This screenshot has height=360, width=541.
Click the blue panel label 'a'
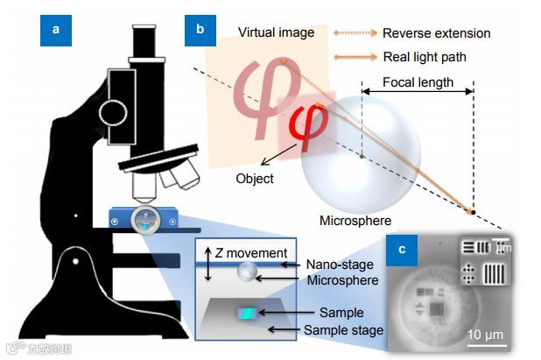(57, 31)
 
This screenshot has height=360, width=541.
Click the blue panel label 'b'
(200, 31)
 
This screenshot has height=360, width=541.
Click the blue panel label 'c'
(402, 249)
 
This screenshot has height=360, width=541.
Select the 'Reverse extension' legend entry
(436, 33)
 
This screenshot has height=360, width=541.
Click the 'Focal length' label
(418, 83)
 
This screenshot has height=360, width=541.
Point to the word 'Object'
(254, 178)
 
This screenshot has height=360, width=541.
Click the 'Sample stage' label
(343, 329)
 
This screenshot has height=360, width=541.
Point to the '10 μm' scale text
(483, 335)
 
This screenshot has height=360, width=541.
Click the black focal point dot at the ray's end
(473, 211)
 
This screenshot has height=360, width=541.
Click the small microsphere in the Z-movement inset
(248, 272)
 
